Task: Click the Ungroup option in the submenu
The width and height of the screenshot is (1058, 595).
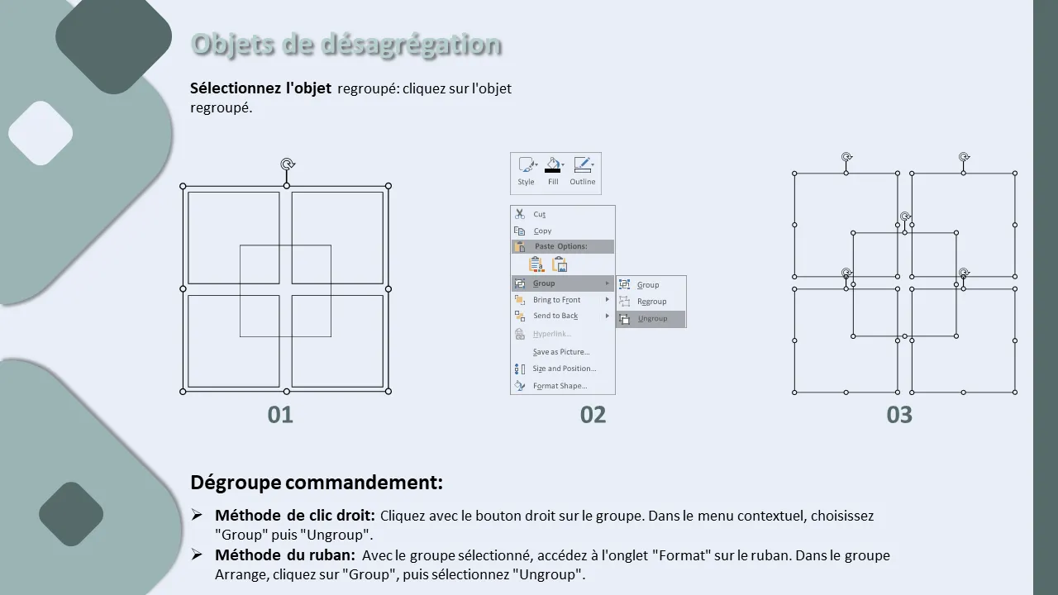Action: coord(651,319)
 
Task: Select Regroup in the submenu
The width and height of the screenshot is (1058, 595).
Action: coord(651,302)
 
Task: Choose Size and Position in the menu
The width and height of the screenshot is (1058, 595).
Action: coord(563,369)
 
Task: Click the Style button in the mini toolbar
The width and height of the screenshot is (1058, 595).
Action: coord(527,172)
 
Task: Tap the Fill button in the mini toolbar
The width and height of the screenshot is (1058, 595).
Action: coord(553,172)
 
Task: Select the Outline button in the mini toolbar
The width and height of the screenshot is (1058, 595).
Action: coord(583,172)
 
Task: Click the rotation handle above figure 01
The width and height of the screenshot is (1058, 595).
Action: coord(287,164)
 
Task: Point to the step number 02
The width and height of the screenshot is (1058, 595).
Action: coord(593,415)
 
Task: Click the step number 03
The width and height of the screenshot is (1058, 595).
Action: coord(899,415)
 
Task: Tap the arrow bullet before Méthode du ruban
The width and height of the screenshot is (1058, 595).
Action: coord(197,555)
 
